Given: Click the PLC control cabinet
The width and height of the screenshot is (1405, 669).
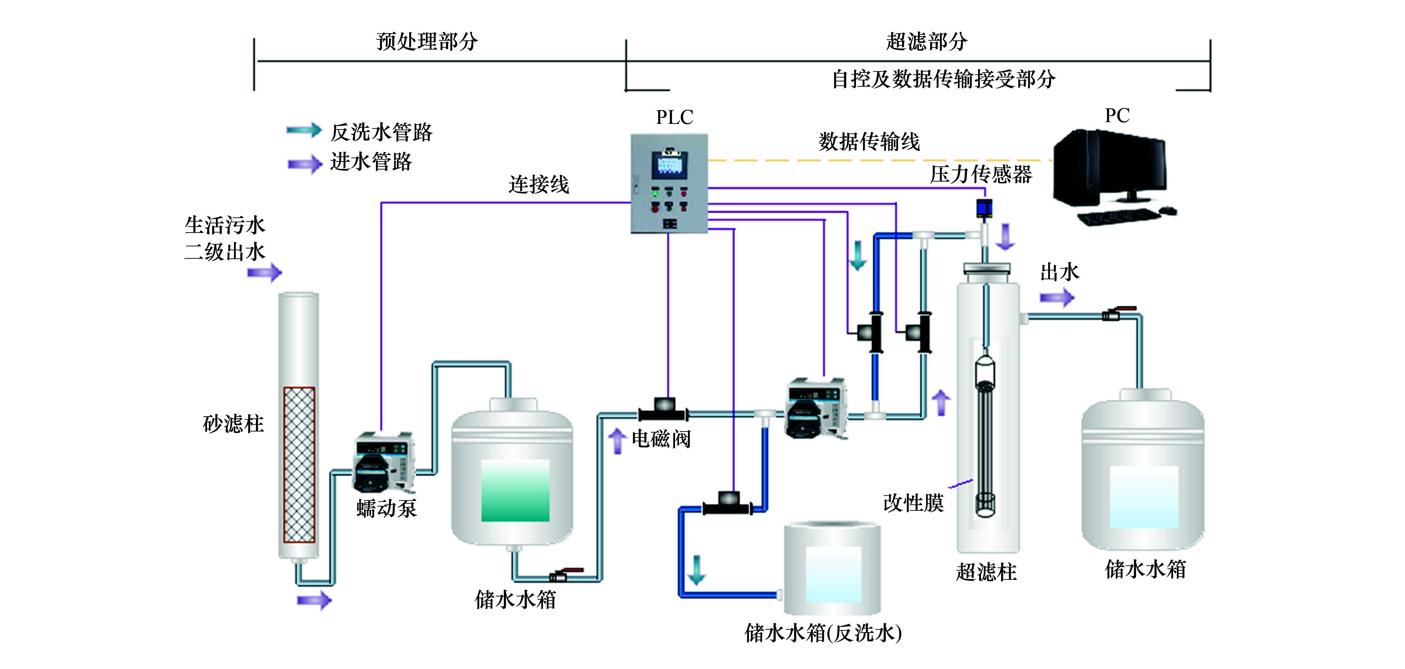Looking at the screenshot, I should coord(669,184).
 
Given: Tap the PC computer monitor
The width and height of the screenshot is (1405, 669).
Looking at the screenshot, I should coord(1110,166).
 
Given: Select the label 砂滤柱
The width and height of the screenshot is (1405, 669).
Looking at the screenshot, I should coord(233,424).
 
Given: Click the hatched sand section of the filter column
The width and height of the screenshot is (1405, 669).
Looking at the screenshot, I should coord(299,464).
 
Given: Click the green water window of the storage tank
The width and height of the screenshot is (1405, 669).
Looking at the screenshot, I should coord(515,490).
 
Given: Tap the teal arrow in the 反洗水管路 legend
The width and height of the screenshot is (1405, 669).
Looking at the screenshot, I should coord(304,130).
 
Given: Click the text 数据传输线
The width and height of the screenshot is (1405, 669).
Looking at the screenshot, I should coord(869,142).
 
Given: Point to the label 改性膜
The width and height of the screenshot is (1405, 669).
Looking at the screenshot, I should coord(913,503).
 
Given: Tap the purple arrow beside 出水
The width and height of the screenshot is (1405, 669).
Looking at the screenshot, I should coord(1056,298).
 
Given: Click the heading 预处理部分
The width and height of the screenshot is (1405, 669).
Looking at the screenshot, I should coord(427,41).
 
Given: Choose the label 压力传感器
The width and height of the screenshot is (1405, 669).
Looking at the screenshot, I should coord(981,175).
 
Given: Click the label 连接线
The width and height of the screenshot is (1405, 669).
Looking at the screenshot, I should coord(538,185).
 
